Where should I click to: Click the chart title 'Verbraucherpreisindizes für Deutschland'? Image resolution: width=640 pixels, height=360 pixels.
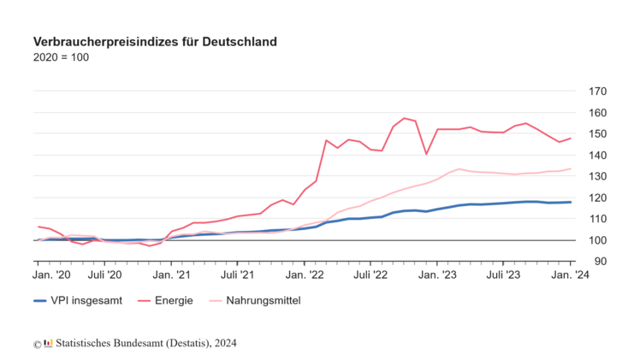coord(155,41)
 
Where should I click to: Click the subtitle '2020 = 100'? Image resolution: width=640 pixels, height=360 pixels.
coord(61,57)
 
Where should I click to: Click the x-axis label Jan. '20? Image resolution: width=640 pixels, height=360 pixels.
coord(51,274)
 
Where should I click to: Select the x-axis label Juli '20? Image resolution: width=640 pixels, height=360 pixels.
coord(105,274)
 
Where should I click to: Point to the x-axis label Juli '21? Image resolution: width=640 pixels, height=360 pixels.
coord(238,274)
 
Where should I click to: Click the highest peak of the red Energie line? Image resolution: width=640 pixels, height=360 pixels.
coord(404,118)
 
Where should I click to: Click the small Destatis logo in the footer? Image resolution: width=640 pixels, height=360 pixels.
coord(48,343)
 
